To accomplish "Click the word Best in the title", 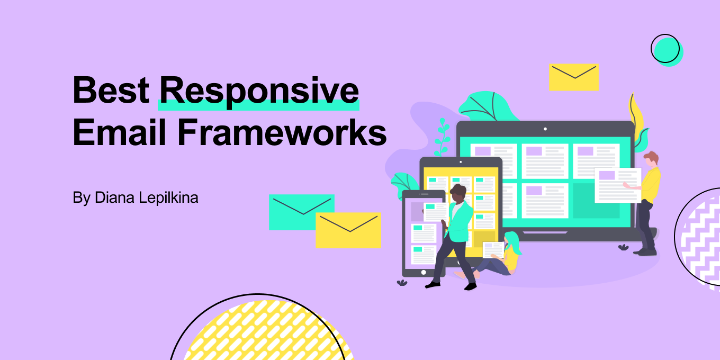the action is click(x=111, y=90).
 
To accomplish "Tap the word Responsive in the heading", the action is click(x=259, y=93).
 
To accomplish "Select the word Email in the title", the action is click(x=119, y=132).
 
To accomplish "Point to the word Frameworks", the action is click(x=282, y=132).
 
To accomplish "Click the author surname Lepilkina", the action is click(x=169, y=197).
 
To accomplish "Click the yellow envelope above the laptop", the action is click(x=574, y=77).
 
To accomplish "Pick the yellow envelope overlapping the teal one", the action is click(x=348, y=230).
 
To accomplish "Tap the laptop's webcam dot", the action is click(x=545, y=129).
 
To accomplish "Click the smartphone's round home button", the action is click(x=424, y=272).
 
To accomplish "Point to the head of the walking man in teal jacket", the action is click(x=457, y=193).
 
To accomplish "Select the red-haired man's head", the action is click(x=651, y=159).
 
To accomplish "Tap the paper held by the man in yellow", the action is click(x=617, y=185).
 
